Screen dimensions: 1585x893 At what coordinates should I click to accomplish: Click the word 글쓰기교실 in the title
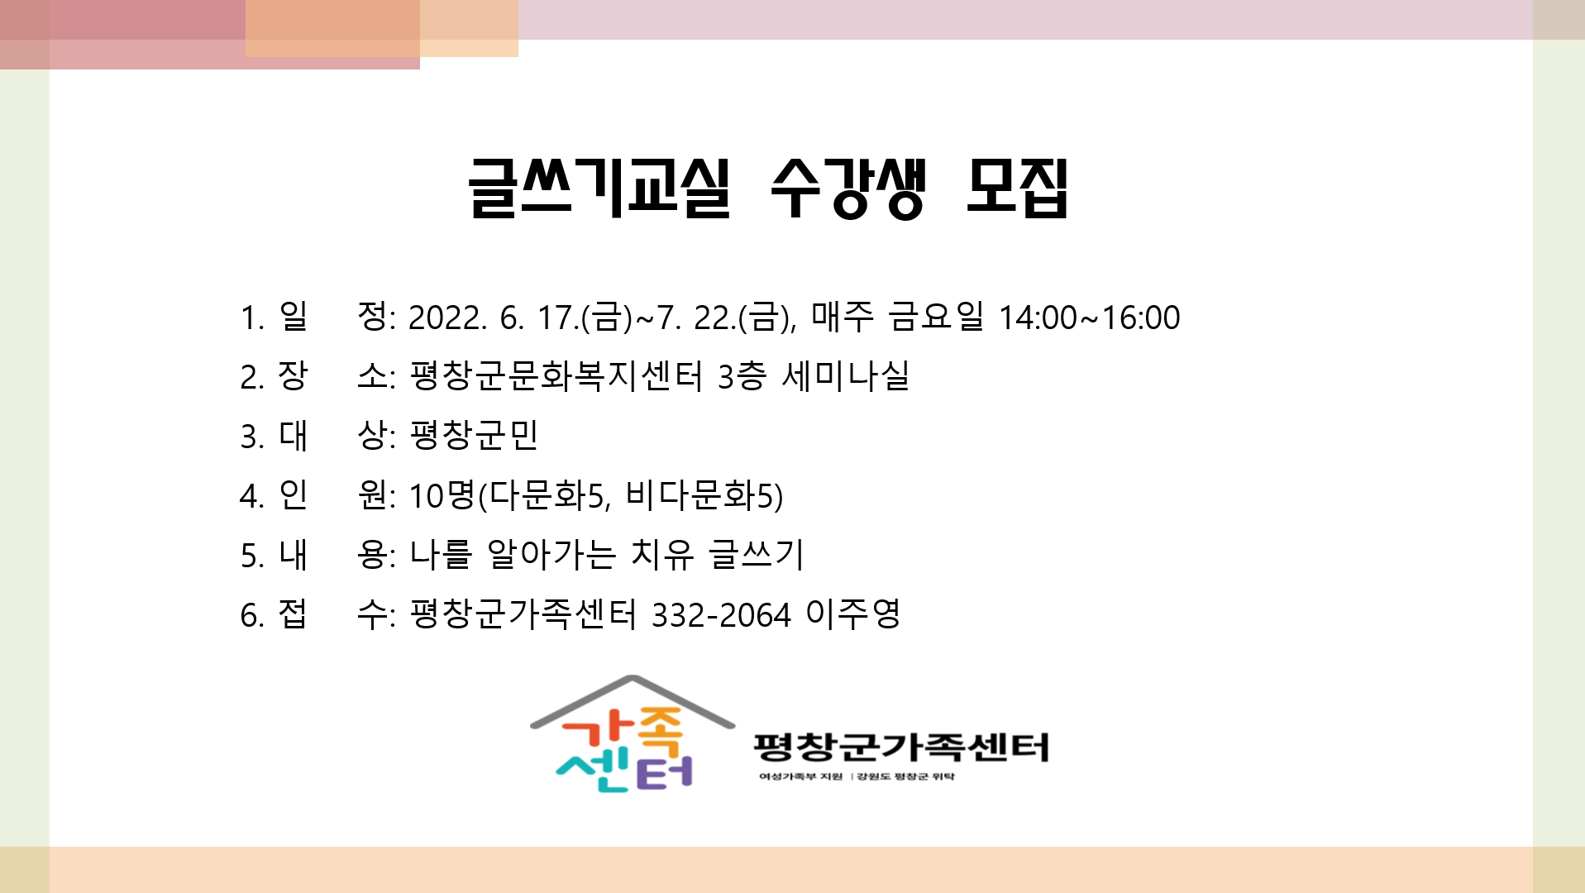599,188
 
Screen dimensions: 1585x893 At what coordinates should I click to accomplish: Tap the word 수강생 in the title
847,188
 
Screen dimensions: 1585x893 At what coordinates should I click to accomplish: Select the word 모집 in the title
1018,188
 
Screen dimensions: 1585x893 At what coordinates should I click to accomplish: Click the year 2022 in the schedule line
447,318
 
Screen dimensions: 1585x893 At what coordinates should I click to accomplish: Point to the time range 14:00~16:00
1090,318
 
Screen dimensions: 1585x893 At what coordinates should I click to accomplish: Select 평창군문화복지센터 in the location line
556,376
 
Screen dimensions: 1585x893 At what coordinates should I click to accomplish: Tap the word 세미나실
846,376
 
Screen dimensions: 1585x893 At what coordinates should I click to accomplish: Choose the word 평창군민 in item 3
475,435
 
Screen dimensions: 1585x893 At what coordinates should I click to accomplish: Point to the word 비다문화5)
704,495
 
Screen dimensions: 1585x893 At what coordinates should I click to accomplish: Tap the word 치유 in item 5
662,555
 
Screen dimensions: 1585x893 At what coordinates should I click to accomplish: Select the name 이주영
853,614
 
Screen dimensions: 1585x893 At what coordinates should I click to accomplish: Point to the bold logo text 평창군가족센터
901,747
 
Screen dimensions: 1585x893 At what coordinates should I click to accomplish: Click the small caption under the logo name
857,776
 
